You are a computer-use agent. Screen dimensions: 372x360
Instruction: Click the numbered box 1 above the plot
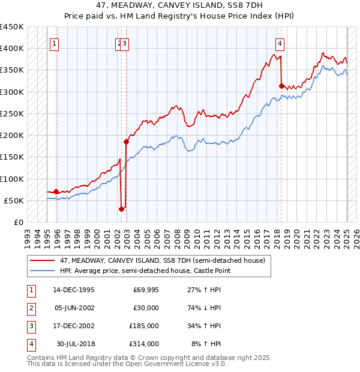55,43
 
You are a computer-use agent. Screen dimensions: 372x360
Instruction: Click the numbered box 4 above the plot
280,43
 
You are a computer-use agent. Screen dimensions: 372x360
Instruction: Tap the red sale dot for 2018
281,86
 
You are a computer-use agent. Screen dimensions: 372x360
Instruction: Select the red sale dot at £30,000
121,209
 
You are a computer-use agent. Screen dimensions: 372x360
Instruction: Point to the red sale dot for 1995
56,191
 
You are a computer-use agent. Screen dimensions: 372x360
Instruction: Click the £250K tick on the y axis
13,113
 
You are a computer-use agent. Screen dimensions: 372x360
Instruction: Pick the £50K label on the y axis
14,200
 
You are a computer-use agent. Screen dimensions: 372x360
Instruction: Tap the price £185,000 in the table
145,326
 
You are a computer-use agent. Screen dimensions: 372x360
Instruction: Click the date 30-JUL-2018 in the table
75,344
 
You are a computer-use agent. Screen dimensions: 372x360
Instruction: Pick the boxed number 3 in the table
29,326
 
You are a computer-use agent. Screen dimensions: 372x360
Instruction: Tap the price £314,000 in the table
145,344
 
